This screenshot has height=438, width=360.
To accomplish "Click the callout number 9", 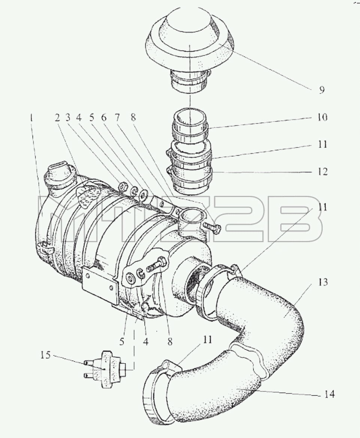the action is tap(322, 90).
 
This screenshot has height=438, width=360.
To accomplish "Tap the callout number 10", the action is tap(322, 117).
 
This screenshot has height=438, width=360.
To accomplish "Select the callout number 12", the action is tap(322, 171).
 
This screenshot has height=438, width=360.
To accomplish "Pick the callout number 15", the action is tap(45, 355).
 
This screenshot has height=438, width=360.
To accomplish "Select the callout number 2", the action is tap(57, 118).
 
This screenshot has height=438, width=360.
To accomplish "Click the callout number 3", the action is tap(67, 118).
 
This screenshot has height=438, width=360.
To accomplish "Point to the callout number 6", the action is tap(104, 118).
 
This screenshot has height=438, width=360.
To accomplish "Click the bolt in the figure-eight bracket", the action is tap(157, 265).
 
